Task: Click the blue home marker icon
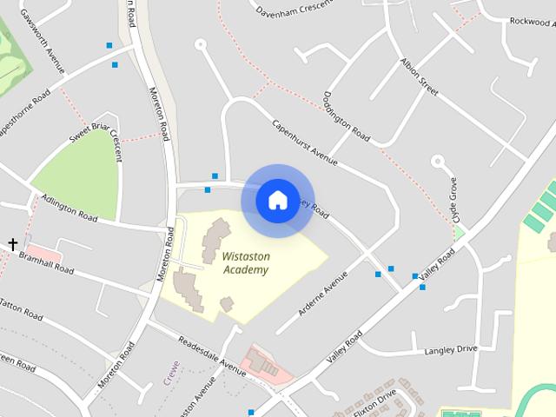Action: [x=276, y=200]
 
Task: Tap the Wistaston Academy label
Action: [x=245, y=263]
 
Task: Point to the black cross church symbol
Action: [x=13, y=245]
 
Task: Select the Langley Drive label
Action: [x=451, y=349]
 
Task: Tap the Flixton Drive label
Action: [x=380, y=400]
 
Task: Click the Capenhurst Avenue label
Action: [x=305, y=141]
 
